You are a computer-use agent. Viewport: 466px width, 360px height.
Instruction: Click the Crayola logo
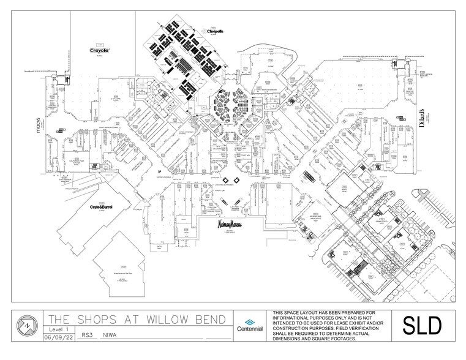99,51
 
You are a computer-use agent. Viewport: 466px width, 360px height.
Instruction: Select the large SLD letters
421,326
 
